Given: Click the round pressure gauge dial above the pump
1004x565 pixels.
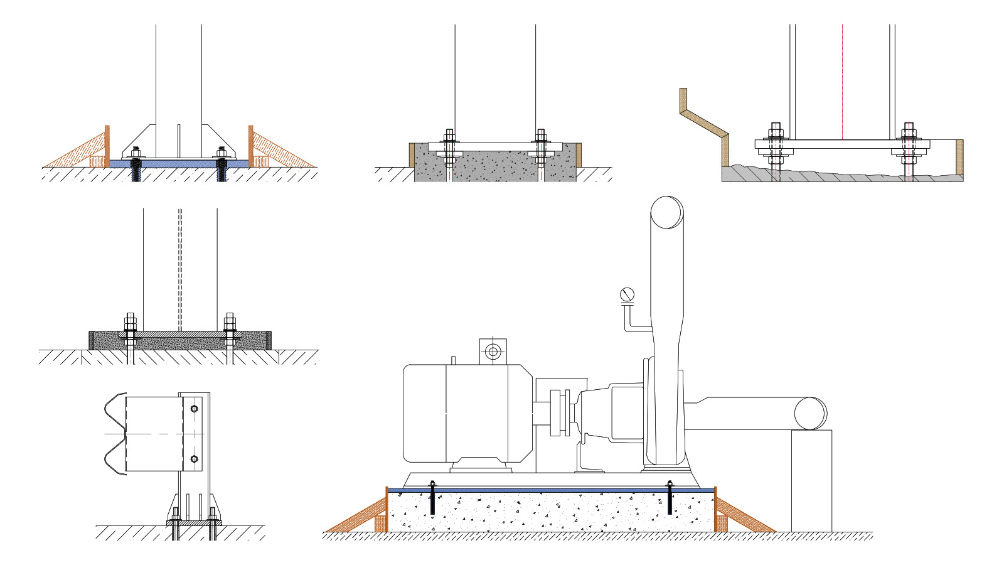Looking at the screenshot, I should (x=627, y=294).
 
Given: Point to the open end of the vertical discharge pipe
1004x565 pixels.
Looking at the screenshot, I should (x=666, y=213).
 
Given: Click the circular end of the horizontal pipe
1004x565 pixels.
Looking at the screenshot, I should (x=810, y=414).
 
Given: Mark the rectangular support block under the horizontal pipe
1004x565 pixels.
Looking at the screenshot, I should (x=811, y=481).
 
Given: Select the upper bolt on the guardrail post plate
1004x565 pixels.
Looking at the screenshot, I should (x=194, y=409).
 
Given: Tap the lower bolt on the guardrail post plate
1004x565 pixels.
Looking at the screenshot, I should (x=194, y=459).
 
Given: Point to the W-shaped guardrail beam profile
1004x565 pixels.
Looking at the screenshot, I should (x=115, y=433).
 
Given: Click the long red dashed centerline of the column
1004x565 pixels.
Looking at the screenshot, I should (x=842, y=82).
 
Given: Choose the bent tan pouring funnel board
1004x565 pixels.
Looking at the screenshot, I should (x=704, y=126).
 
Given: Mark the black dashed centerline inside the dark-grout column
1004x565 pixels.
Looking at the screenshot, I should (x=180, y=270).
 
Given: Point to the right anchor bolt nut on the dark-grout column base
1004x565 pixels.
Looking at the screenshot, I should (x=230, y=323).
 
